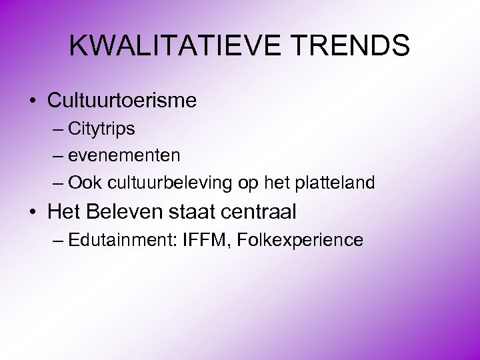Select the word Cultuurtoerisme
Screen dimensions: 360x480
(x=122, y=101)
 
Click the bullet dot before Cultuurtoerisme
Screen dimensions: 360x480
(x=33, y=101)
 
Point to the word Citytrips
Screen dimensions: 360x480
(x=102, y=129)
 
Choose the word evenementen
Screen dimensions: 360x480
(x=124, y=155)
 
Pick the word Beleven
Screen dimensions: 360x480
(x=125, y=212)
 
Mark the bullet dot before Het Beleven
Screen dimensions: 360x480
(x=33, y=213)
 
